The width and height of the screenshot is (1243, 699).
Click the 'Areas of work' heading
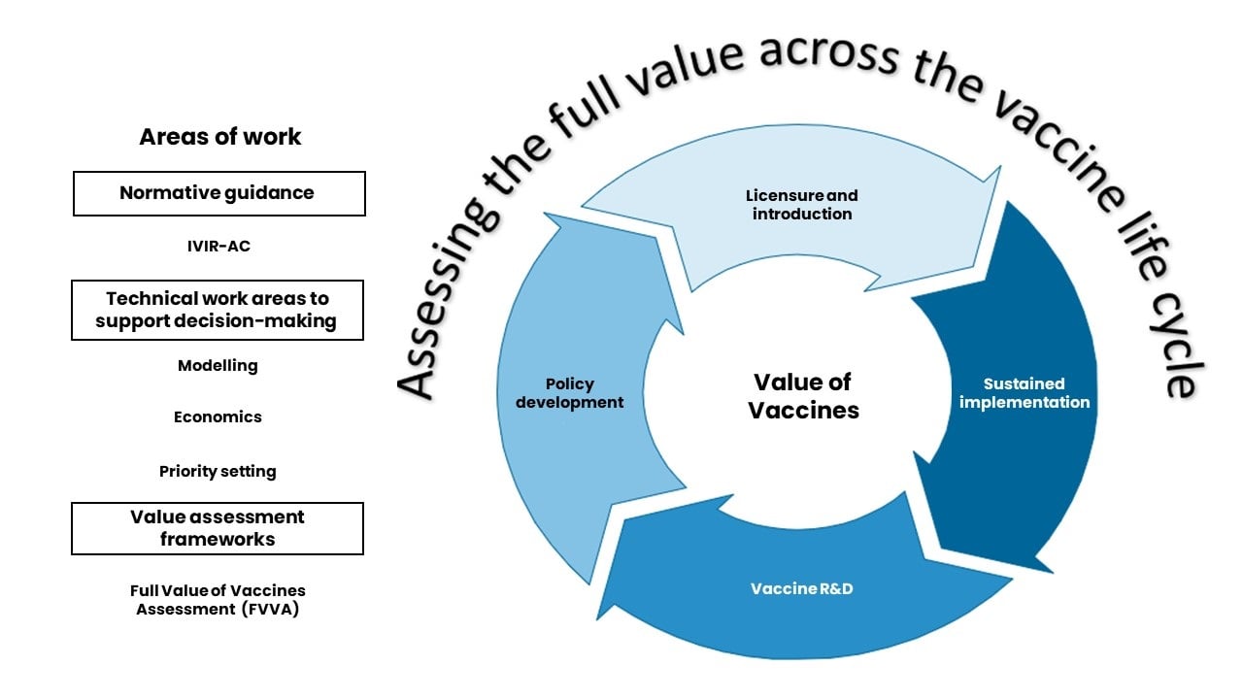click(220, 137)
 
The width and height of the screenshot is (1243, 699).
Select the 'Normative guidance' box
click(218, 193)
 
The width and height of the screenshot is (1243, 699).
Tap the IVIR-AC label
click(218, 247)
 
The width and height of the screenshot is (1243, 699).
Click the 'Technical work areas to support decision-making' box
click(218, 311)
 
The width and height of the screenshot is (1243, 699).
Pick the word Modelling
click(218, 366)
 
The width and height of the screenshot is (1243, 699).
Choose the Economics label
click(218, 417)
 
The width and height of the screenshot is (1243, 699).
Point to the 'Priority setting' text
click(218, 472)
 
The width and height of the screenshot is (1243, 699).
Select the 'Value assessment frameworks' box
click(218, 528)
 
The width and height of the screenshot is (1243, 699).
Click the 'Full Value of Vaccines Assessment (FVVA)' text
click(218, 600)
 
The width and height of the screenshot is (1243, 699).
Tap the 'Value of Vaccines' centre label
click(803, 396)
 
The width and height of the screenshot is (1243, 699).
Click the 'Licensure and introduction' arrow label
click(802, 205)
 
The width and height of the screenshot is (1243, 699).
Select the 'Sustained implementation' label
click(1025, 393)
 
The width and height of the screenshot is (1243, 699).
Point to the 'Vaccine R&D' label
click(802, 589)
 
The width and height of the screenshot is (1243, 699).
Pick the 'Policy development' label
click(569, 393)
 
